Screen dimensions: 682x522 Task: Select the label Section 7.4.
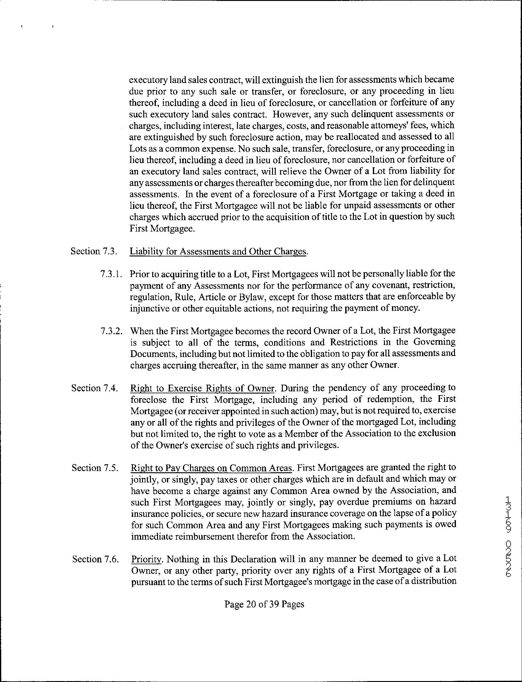[94, 388]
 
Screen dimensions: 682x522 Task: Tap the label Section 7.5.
[95, 468]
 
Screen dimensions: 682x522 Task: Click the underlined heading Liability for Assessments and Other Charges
[218, 251]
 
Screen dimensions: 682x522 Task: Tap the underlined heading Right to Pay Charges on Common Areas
[212, 468]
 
